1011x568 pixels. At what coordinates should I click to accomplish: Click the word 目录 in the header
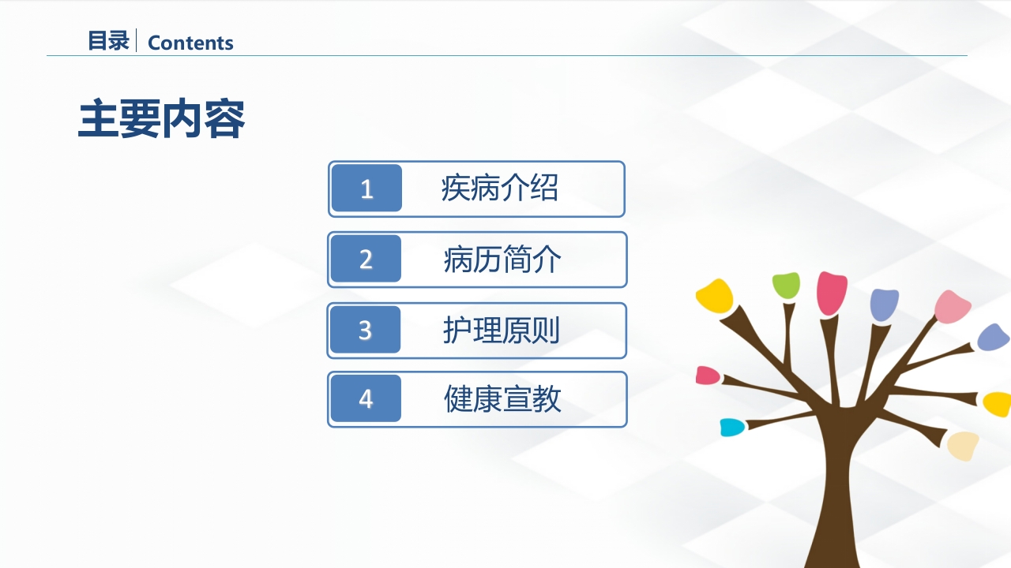[108, 41]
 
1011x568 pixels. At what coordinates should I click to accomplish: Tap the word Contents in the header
[190, 43]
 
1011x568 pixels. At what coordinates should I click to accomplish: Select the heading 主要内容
[162, 119]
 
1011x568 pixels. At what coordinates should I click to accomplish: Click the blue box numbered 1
[366, 189]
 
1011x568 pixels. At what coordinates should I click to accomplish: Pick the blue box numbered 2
[366, 259]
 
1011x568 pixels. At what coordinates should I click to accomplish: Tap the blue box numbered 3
[365, 330]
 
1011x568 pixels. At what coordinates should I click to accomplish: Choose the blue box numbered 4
[366, 399]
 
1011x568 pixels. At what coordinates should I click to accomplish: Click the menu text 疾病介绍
[499, 189]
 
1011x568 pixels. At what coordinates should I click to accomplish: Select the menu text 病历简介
[502, 260]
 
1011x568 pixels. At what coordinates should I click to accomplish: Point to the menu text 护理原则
[502, 331]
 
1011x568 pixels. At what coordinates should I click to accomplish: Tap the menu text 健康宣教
[502, 399]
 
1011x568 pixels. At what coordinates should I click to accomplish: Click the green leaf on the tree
[786, 285]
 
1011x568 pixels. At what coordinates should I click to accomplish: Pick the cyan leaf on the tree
[732, 428]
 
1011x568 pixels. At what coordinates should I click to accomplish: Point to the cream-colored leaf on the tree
[964, 445]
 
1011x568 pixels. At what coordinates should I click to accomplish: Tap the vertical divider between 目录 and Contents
[137, 40]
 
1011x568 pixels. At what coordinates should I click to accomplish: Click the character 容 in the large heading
[224, 119]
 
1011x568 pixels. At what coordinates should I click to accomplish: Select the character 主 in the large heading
[99, 119]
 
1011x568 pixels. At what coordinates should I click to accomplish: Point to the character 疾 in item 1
[456, 189]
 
